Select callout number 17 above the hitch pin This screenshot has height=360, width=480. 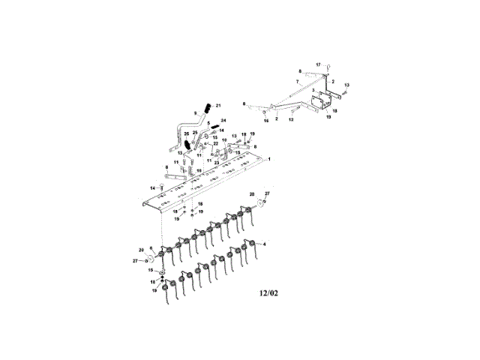pos(318,65)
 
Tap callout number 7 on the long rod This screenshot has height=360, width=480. pos(297,80)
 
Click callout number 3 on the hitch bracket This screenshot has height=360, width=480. pos(313,90)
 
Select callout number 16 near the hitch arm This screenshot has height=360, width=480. pos(265,120)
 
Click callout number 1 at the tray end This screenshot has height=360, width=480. pos(270,160)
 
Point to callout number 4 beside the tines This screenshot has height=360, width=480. pos(263,244)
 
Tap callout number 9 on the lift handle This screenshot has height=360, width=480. pos(195,113)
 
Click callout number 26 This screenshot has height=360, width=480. pos(186,133)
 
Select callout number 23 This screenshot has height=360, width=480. pos(216,161)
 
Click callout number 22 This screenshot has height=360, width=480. pos(216,143)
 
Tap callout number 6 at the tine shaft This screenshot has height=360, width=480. pos(152,247)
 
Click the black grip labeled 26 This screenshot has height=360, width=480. pos(189,142)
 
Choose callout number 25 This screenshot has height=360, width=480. pos(195,132)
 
